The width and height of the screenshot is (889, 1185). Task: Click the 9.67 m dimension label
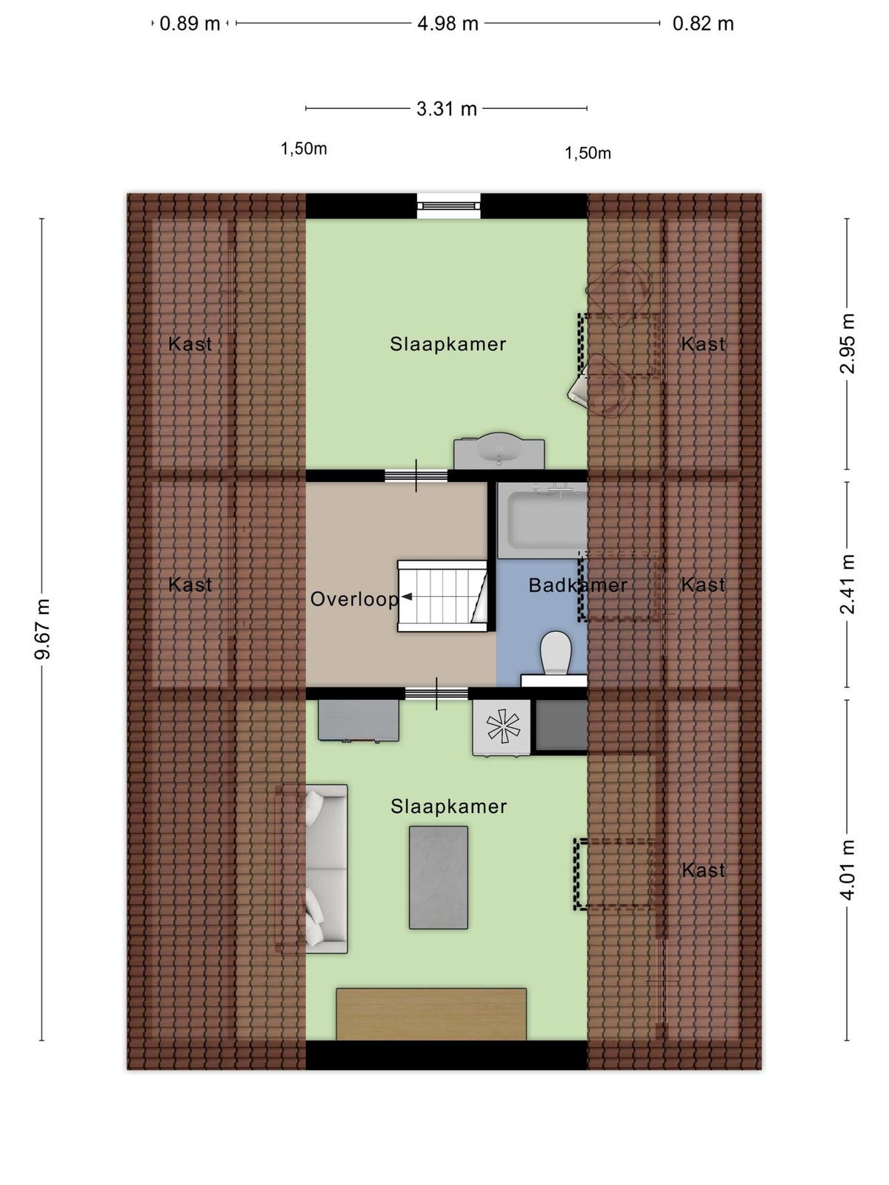[x=43, y=628]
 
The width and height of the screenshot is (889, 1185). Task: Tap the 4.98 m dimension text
[x=447, y=24]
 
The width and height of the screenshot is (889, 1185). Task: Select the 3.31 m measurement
[x=447, y=109]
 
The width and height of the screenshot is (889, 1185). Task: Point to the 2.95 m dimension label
[x=848, y=344]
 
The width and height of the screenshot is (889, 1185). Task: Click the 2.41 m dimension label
[x=848, y=584]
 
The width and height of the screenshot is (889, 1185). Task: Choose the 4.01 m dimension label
[x=848, y=869]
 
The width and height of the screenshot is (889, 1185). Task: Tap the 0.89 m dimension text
[x=190, y=24]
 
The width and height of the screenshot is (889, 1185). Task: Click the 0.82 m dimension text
[x=703, y=24]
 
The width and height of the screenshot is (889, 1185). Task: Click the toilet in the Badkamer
[x=556, y=653]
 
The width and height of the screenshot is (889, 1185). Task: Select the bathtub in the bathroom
[x=542, y=521]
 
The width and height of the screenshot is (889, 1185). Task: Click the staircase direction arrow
[x=407, y=596]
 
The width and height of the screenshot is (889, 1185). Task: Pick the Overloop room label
[x=354, y=598]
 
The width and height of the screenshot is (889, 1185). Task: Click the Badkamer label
[x=578, y=585]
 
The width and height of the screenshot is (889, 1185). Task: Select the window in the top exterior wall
[x=448, y=206]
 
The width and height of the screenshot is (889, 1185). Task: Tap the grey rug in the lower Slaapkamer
[x=439, y=878]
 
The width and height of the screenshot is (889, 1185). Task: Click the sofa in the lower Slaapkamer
[x=326, y=869]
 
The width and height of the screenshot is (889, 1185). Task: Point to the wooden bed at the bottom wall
[x=431, y=1014]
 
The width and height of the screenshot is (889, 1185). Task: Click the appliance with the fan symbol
[x=502, y=727]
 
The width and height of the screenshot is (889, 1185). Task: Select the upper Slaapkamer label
[x=448, y=344]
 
